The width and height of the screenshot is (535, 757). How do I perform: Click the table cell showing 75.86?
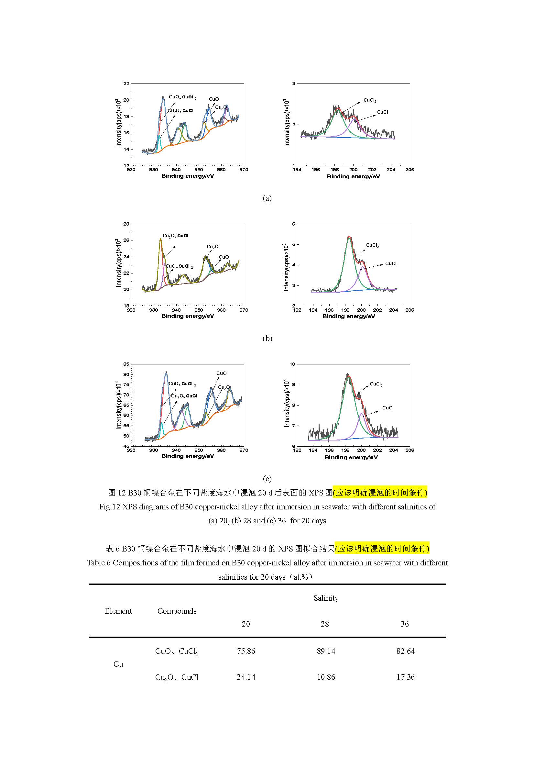tap(246, 651)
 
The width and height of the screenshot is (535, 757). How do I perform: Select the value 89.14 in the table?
tap(326, 651)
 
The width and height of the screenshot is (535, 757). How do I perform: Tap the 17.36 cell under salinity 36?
tap(405, 677)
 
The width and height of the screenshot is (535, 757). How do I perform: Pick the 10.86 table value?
tap(326, 677)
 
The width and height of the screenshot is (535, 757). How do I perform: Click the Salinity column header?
tap(326, 598)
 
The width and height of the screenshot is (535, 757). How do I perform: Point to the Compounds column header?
tap(177, 611)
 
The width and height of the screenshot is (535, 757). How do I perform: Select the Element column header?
tap(118, 611)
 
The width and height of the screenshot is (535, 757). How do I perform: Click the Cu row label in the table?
tap(118, 664)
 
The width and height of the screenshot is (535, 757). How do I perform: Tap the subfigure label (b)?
tap(267, 338)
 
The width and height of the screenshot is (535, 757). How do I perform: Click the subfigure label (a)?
tap(267, 198)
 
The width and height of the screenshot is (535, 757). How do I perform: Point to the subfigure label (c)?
tap(267, 478)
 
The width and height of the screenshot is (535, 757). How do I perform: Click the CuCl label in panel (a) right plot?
tap(382, 112)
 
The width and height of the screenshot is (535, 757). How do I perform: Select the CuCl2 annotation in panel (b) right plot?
tap(373, 245)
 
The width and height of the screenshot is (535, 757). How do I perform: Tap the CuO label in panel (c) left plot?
tap(221, 373)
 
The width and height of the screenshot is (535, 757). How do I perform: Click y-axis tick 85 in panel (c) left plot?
tap(126, 364)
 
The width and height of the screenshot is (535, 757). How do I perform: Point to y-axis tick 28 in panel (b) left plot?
tap(126, 224)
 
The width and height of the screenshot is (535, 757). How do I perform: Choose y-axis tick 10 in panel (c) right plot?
tap(292, 364)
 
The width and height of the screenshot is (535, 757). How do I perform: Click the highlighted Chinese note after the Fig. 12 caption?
tap(380, 493)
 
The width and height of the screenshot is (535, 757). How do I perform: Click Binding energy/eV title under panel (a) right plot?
tap(353, 176)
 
